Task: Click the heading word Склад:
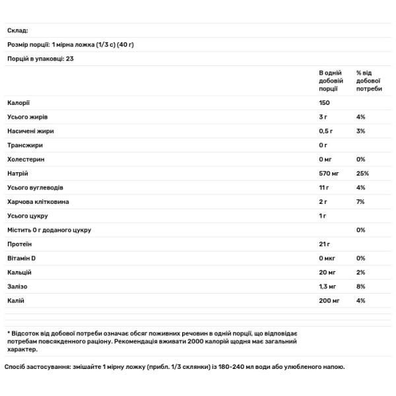18,30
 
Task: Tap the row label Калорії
18,102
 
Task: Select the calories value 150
324,102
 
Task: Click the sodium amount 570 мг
329,174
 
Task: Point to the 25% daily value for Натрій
362,174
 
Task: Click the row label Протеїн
20,244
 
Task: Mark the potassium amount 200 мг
329,301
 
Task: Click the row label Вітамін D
22,258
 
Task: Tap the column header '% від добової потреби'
369,80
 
